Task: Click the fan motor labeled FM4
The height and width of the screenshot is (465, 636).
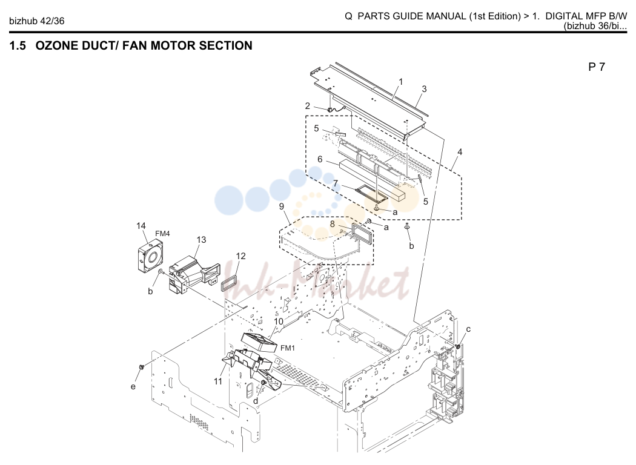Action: pyautogui.click(x=149, y=256)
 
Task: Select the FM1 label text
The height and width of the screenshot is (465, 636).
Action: pyautogui.click(x=288, y=348)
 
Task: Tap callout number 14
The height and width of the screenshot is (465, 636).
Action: pyautogui.click(x=141, y=226)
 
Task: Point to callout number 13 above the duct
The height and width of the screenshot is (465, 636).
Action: pyautogui.click(x=201, y=240)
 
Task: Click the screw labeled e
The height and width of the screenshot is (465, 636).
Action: pyautogui.click(x=142, y=367)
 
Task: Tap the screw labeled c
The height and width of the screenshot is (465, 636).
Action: pyautogui.click(x=457, y=346)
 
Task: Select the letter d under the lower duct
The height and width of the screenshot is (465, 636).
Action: pyautogui.click(x=256, y=401)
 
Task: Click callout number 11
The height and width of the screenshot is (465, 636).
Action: pyautogui.click(x=218, y=381)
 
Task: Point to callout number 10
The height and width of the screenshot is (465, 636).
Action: pyautogui.click(x=279, y=322)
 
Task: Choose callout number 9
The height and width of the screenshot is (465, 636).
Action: pyautogui.click(x=282, y=206)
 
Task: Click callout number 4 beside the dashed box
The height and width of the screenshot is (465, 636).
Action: pyautogui.click(x=460, y=151)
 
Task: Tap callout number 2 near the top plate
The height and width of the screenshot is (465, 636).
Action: pyautogui.click(x=308, y=106)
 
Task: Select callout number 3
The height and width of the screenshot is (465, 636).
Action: pyautogui.click(x=424, y=89)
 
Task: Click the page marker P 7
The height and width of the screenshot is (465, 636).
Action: pyautogui.click(x=597, y=67)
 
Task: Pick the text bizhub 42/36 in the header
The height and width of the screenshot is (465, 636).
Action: pyautogui.click(x=36, y=21)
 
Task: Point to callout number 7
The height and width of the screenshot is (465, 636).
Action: pyautogui.click(x=336, y=183)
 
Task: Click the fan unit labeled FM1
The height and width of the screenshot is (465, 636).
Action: pyautogui.click(x=259, y=341)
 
